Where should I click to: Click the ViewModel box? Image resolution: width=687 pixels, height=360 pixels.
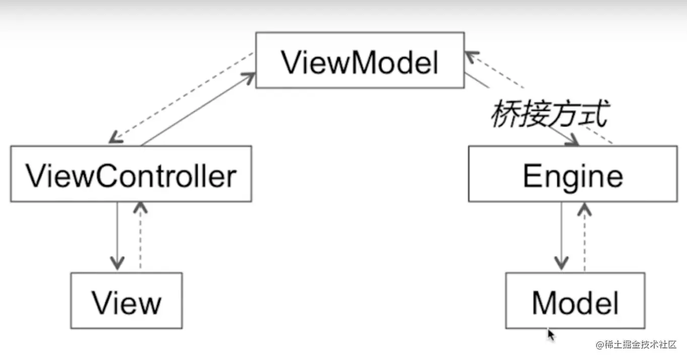[x=359, y=61]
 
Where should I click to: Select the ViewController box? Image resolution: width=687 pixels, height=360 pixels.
[x=131, y=174]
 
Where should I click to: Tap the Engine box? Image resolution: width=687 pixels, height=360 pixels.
[x=572, y=174]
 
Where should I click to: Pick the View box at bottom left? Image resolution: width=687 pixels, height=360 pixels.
[x=126, y=301]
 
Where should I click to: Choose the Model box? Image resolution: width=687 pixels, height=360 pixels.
[x=575, y=301]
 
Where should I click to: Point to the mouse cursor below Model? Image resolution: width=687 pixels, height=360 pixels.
[x=551, y=334]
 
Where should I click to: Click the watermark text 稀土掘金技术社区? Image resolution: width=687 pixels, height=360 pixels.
[x=640, y=345]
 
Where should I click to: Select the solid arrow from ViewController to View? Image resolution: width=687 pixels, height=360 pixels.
[x=117, y=232]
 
